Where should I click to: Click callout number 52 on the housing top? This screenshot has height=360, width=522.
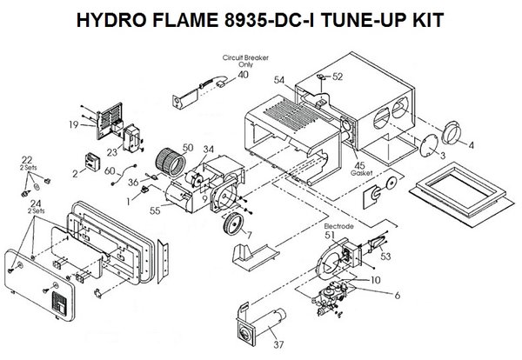pos(338,76)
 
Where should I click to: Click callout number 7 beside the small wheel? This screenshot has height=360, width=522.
pos(250,236)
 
